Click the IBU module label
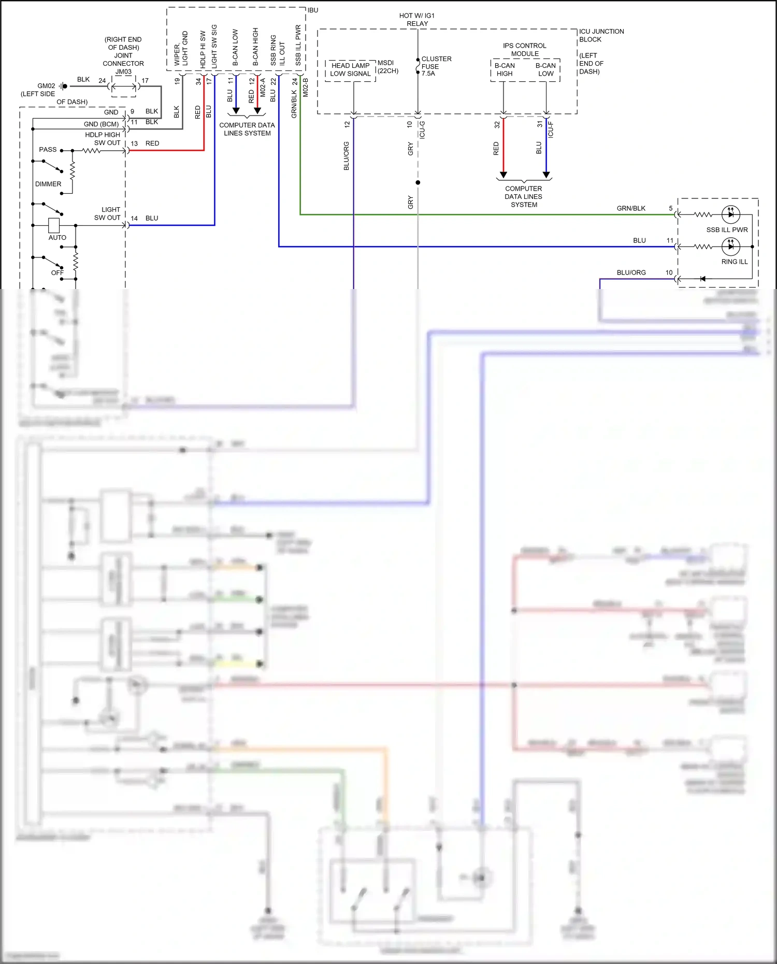point(313,10)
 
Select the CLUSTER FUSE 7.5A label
point(436,66)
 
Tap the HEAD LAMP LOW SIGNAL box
point(351,69)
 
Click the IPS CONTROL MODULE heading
point(524,50)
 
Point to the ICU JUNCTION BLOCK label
point(601,35)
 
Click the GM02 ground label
point(46,86)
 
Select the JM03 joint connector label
point(123,71)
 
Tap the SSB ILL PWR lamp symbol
point(730,214)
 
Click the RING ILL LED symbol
point(730,247)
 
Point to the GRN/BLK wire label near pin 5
point(631,208)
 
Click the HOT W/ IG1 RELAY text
point(417,20)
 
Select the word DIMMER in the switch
point(48,184)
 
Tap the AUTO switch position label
point(57,238)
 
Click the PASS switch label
point(48,150)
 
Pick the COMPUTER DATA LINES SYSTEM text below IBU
point(247,129)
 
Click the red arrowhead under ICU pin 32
point(503,175)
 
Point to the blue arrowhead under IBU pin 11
point(236,111)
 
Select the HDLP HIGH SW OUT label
point(103,139)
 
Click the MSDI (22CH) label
point(387,67)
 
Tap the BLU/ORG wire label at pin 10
point(631,272)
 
